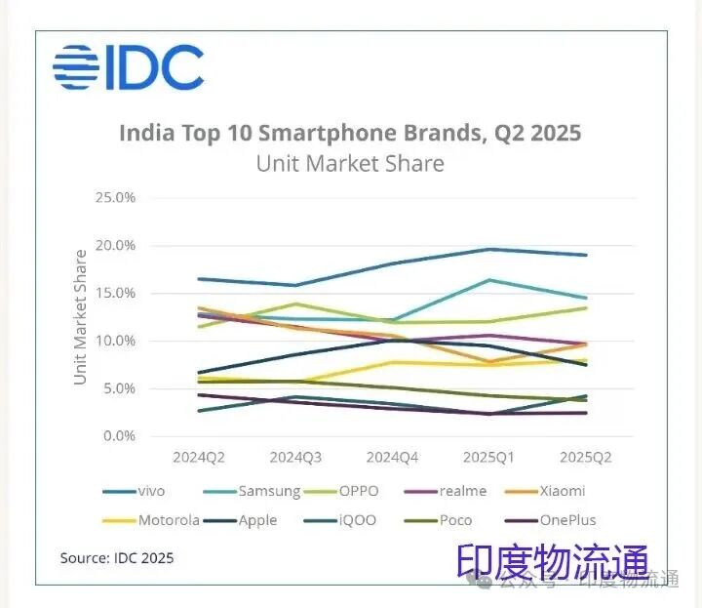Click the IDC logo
(x=128, y=67)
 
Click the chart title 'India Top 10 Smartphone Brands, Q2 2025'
(x=350, y=133)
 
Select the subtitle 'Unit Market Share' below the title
(x=350, y=163)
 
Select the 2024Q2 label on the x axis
(x=198, y=457)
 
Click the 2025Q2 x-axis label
(x=585, y=457)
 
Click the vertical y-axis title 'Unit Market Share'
(x=81, y=317)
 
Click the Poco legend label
(x=454, y=520)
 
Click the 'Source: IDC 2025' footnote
(x=117, y=558)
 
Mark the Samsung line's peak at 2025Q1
(x=487, y=280)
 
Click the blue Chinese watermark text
(x=553, y=563)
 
